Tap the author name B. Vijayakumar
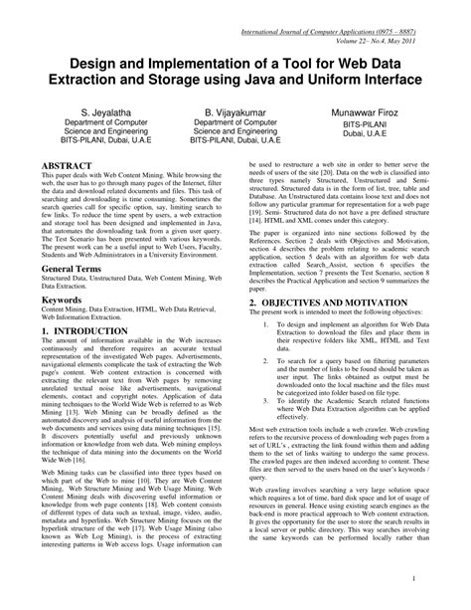click(x=235, y=103)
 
